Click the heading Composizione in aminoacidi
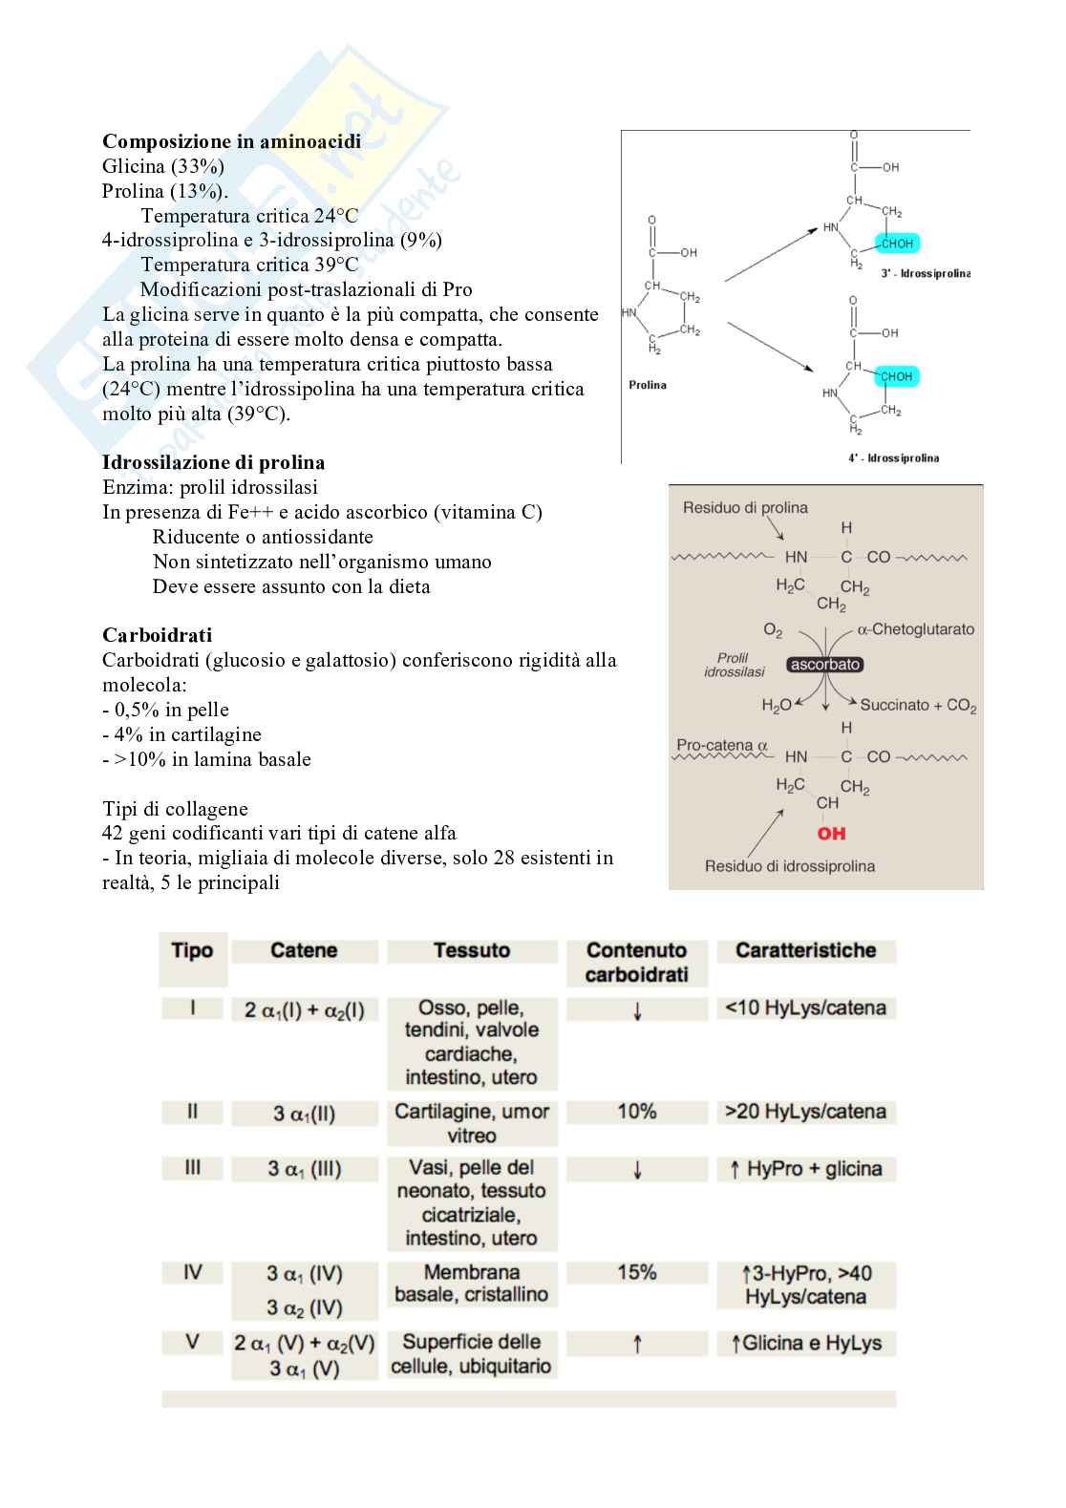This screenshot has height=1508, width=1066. point(231,141)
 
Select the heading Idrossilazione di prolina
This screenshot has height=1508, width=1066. point(213,462)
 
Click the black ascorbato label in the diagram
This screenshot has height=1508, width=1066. point(825,665)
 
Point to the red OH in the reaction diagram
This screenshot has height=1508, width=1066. point(831,834)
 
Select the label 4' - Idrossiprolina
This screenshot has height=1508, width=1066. point(893,457)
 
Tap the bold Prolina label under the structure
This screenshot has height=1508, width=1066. point(648,385)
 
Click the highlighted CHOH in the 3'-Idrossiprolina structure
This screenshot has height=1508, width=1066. point(897,244)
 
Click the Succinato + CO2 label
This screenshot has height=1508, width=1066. point(918,706)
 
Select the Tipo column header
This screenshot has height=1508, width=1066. point(192,950)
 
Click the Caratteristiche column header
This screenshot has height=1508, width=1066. point(805,950)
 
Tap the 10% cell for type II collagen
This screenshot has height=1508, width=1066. point(636,1112)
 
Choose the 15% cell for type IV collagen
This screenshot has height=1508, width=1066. point(636,1272)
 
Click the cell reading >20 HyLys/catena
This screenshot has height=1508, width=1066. point(805,1112)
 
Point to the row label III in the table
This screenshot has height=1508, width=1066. point(192,1168)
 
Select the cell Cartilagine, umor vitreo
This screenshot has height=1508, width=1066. point(472,1123)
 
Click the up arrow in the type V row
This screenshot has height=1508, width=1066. point(637,1345)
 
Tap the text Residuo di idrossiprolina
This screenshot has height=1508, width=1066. point(789,866)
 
